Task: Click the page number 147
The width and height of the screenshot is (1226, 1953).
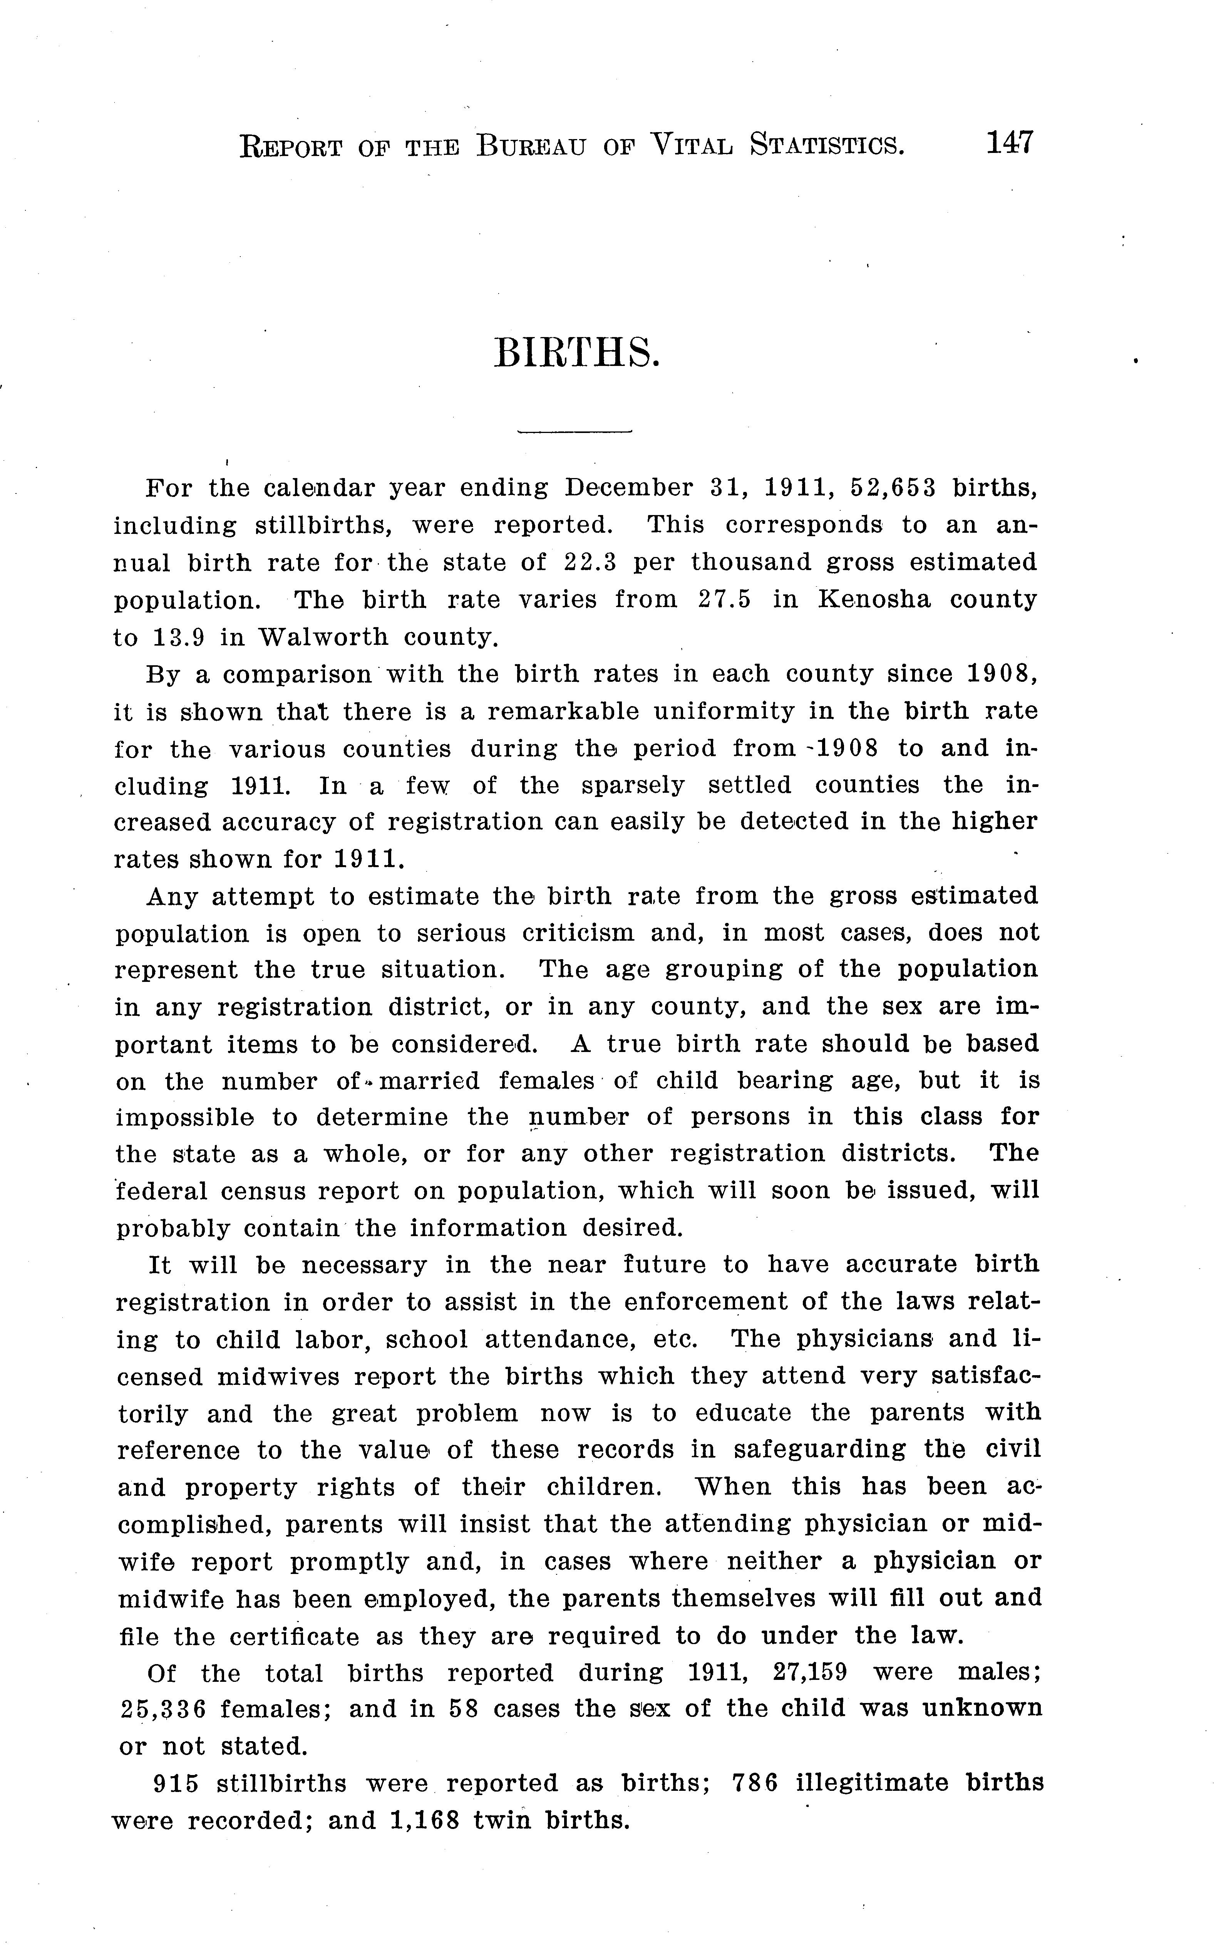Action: [x=1010, y=144]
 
